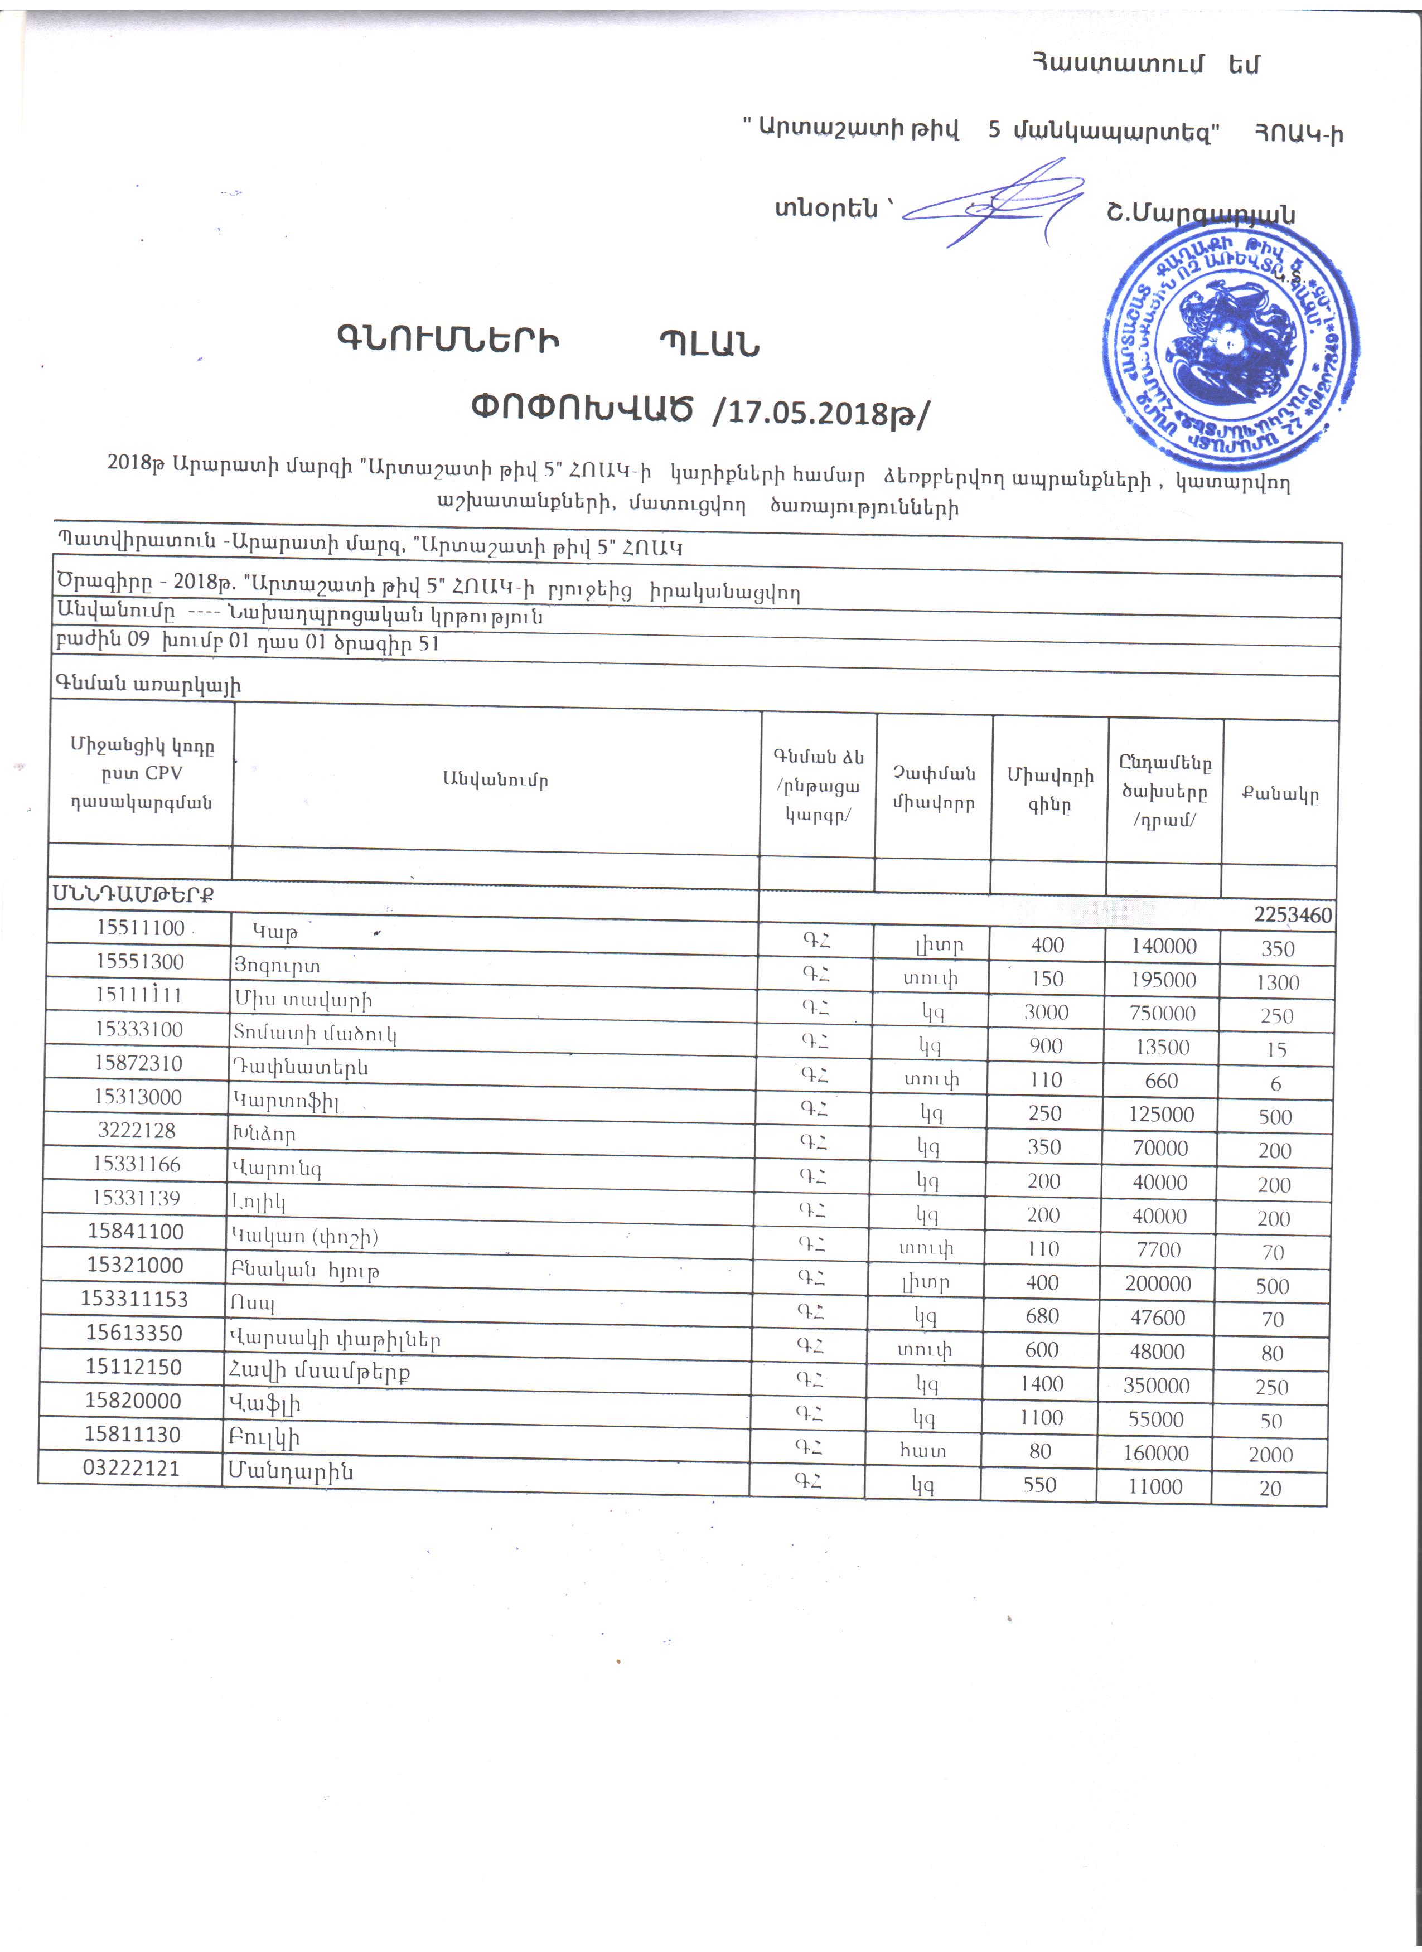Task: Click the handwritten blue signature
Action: [x=990, y=204]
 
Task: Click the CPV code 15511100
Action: [x=141, y=927]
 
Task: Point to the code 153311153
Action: [x=134, y=1298]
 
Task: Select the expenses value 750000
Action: [x=1162, y=1013]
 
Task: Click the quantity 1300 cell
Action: [x=1278, y=982]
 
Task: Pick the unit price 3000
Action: [x=1046, y=1012]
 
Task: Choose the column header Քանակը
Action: [x=1279, y=793]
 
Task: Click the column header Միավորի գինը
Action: [x=1049, y=789]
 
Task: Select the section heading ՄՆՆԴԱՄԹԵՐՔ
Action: [x=133, y=893]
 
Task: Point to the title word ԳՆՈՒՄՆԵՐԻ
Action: [x=448, y=341]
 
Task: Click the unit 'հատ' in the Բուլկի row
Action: [x=923, y=1451]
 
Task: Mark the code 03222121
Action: [x=131, y=1467]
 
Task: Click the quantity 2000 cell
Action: [x=1270, y=1455]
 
